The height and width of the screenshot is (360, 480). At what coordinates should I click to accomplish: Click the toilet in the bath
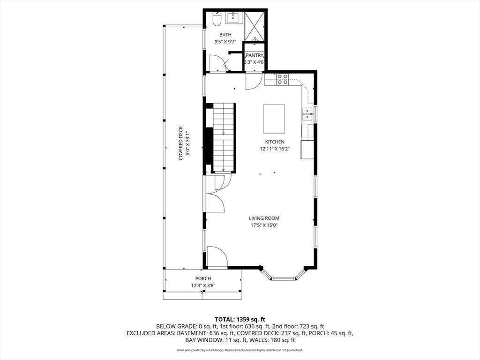(x=217, y=20)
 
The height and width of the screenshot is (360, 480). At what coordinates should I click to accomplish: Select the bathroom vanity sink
(x=233, y=19)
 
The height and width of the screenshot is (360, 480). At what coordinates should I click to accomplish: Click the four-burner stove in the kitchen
(x=282, y=79)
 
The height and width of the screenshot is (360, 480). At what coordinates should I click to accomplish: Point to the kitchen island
(x=274, y=119)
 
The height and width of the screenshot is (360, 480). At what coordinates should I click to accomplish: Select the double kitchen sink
(x=307, y=114)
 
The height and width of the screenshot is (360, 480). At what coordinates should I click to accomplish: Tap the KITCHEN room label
(x=275, y=142)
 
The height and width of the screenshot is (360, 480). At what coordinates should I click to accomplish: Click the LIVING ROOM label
(x=267, y=218)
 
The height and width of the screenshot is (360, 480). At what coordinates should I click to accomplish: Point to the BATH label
(x=225, y=35)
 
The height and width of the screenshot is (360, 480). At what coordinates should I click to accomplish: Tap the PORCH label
(x=203, y=278)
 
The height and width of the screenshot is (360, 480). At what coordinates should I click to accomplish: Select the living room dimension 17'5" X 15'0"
(x=267, y=225)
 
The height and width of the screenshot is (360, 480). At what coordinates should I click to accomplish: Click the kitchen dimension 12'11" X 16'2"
(x=275, y=149)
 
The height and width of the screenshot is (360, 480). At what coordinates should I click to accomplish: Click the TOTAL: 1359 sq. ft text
(x=240, y=319)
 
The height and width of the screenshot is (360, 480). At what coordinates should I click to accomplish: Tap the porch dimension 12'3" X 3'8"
(x=203, y=285)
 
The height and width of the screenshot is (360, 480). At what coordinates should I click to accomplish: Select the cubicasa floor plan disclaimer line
(x=240, y=350)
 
